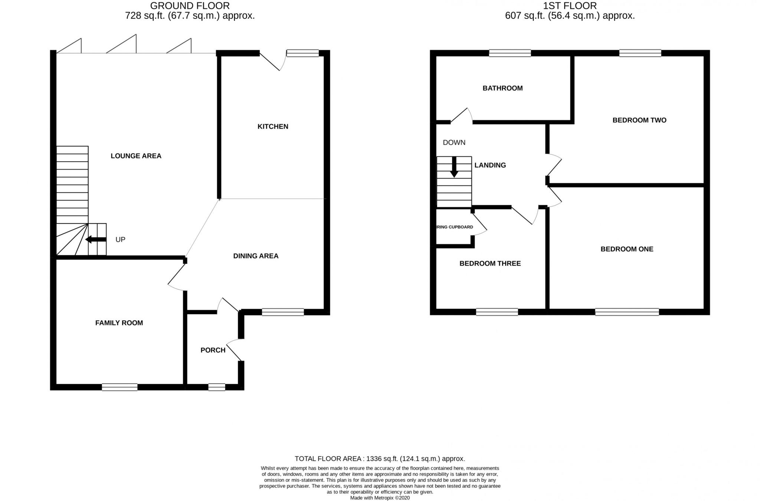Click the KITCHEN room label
273,127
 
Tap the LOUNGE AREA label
136,156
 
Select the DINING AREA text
256,256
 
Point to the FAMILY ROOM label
119,323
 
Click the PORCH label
213,350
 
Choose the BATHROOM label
502,88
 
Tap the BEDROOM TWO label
639,120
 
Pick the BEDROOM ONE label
627,249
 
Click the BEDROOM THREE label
490,263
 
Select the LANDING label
490,165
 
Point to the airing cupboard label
455,227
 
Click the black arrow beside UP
95,239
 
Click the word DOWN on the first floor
454,143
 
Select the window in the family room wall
119,387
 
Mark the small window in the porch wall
216,387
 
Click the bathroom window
510,53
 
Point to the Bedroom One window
627,312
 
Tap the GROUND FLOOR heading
190,6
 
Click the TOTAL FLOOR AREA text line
380,459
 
